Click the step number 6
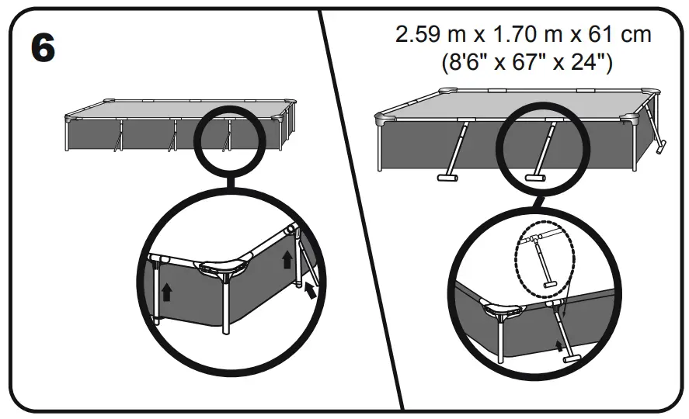point(43,48)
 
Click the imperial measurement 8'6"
point(467,63)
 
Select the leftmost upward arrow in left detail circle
point(165,293)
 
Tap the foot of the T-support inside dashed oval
point(550,284)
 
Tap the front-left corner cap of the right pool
point(385,120)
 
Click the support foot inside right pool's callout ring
point(534,178)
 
